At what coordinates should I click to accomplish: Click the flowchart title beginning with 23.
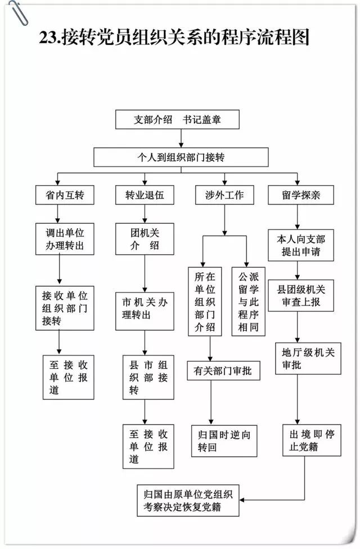174,38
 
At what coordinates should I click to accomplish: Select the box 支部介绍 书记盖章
178,119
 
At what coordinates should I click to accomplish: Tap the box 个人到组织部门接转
181,157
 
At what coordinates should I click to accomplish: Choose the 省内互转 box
65,195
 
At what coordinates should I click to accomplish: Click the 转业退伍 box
145,195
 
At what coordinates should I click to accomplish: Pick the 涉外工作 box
224,195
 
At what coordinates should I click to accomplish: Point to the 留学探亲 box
301,195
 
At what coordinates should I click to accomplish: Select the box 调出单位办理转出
65,239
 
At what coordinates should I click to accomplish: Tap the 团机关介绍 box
145,239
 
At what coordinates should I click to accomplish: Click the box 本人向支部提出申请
301,245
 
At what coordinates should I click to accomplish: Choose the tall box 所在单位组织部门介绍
205,301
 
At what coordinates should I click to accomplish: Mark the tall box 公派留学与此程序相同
248,301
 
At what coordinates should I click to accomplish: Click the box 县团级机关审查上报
301,295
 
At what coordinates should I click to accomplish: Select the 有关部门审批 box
223,371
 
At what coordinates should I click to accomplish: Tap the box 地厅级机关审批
308,358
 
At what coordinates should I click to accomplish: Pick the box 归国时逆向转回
224,441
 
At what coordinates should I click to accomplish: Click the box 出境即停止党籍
312,440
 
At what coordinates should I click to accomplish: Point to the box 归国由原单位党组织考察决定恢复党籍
188,500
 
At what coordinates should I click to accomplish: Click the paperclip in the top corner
18,13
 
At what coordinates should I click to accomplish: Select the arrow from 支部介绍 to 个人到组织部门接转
181,138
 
